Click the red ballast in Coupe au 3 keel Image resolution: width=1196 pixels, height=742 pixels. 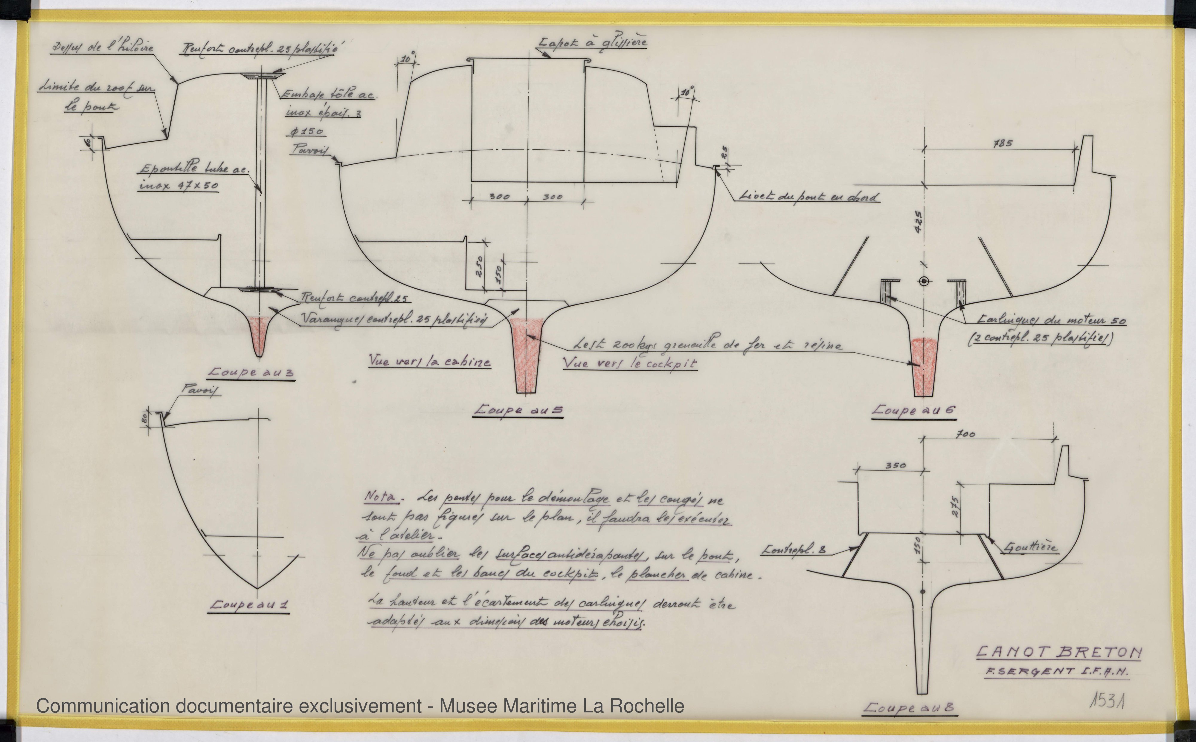pos(259,329)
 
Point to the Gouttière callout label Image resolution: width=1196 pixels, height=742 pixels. pos(1031,547)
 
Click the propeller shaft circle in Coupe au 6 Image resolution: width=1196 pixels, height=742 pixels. pos(924,281)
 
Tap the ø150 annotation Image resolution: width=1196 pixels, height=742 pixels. pos(306,131)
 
